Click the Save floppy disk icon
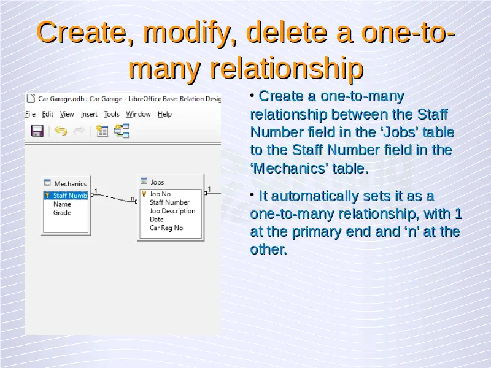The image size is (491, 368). [x=37, y=131]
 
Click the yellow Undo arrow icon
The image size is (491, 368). [x=61, y=131]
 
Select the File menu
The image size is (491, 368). [x=30, y=114]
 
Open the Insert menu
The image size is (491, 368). [x=89, y=114]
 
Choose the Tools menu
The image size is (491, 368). [x=112, y=114]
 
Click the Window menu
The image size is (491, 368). [x=139, y=114]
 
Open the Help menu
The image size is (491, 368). [x=164, y=114]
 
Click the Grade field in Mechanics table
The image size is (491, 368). [x=62, y=212]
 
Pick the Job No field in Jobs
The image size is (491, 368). [x=160, y=194]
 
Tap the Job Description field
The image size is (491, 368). [x=172, y=211]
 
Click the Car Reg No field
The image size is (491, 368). [x=166, y=228]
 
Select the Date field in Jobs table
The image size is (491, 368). [x=157, y=220]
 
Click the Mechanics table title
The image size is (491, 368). [x=71, y=183]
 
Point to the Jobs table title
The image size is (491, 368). [x=157, y=182]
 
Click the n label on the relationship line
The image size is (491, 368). [x=133, y=198]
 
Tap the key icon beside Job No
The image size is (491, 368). [x=144, y=194]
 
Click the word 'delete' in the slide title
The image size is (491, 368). [x=287, y=33]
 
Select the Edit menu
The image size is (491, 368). [x=48, y=114]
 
